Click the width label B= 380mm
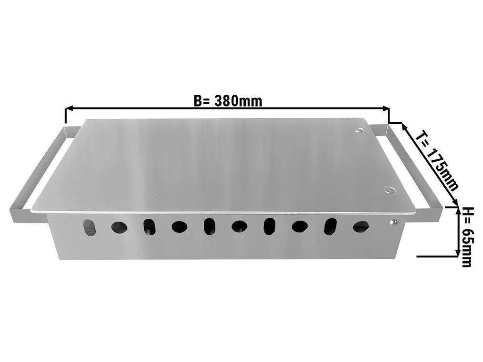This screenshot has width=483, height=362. coord(228,101)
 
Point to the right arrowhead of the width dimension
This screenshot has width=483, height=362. coord(386,108)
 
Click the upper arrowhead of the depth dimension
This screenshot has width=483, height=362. coord(404,126)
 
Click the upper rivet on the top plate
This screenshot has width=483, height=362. coord(358,130)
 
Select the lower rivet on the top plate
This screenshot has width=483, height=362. coord(389,190)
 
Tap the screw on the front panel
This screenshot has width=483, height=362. coord(393,222)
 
